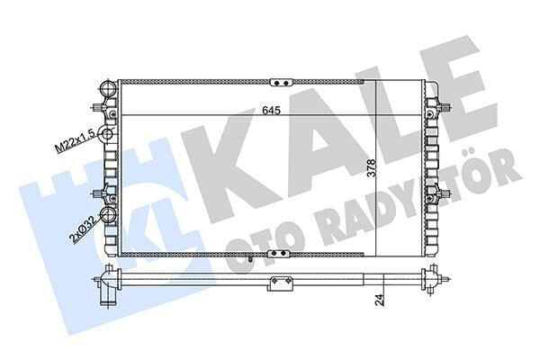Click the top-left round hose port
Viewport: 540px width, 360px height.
coord(106,90)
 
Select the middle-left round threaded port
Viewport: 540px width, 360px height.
coord(106,135)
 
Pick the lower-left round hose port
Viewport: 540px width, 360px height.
coord(109,216)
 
